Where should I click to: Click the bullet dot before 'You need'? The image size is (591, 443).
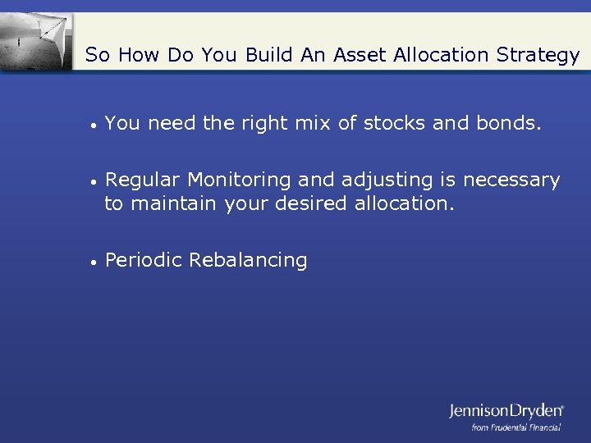click(95, 125)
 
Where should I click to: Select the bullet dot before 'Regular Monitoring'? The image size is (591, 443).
click(95, 181)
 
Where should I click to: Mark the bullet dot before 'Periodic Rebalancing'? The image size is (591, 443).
click(95, 263)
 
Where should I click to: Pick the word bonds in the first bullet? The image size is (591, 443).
click(508, 124)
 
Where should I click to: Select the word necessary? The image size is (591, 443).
click(511, 180)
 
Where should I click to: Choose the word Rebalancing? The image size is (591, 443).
click(248, 261)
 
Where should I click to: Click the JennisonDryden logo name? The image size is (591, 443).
click(506, 410)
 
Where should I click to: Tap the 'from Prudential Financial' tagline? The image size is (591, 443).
click(516, 427)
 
